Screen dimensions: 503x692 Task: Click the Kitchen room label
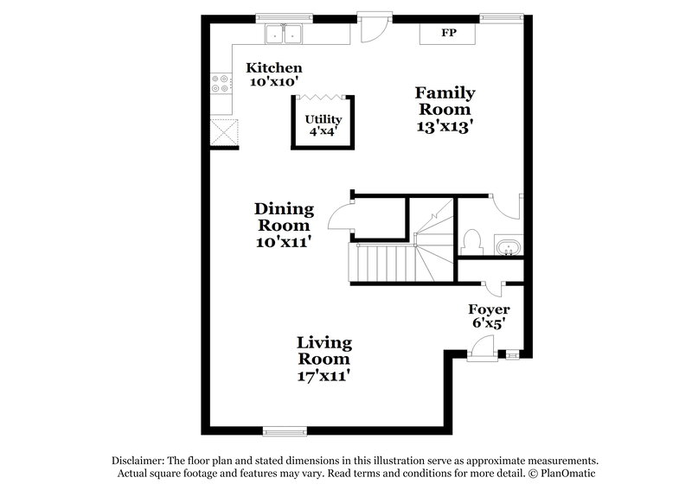pos(273,67)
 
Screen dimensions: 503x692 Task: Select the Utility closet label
pos(323,119)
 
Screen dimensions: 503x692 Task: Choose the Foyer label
pos(489,309)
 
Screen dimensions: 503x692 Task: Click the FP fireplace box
pos(447,34)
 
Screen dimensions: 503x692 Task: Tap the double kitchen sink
pos(283,35)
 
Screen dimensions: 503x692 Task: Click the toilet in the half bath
pos(472,239)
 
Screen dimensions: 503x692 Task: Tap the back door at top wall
pos(370,28)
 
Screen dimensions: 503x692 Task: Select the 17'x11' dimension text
pos(324,377)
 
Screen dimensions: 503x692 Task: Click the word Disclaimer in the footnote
pos(140,461)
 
